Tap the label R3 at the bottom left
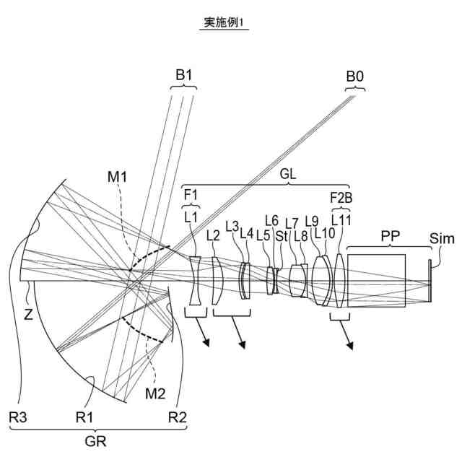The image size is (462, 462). tap(14, 417)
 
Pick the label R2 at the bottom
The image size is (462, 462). tap(177, 417)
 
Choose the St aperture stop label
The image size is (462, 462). tap(282, 235)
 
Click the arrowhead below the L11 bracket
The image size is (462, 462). tap(352, 345)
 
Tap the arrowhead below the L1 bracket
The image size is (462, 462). tap(209, 343)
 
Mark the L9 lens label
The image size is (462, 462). tap(311, 221)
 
